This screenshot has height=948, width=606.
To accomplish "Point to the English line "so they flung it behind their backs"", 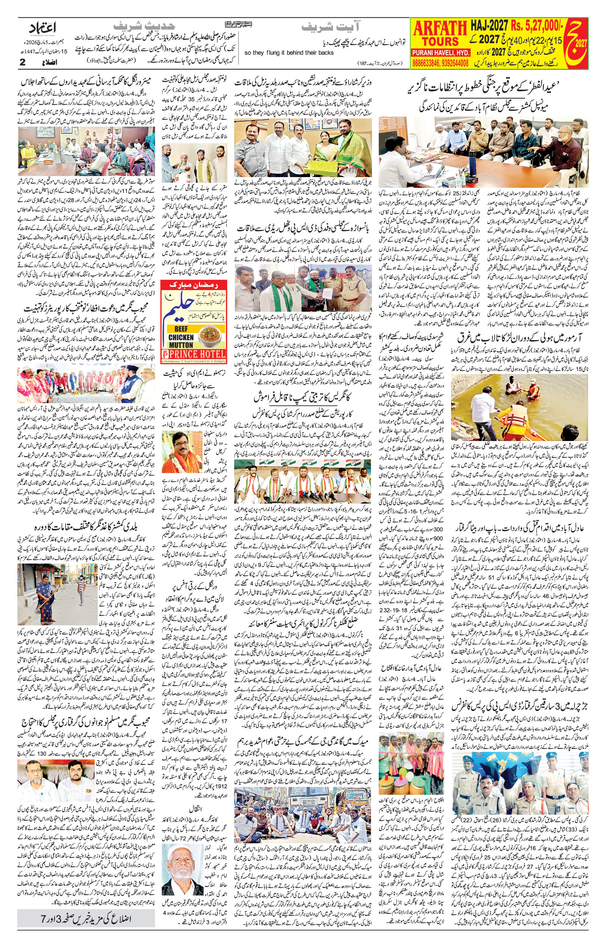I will click(x=289, y=53).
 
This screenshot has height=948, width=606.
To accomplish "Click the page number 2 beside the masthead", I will click(x=22, y=62).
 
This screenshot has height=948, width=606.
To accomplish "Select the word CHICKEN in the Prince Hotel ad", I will click(x=181, y=337).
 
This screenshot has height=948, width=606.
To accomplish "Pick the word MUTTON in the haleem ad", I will click(x=181, y=345).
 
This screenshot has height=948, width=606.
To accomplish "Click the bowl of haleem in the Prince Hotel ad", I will click(x=211, y=336).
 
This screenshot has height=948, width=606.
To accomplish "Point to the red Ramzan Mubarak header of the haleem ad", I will click(x=194, y=285).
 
